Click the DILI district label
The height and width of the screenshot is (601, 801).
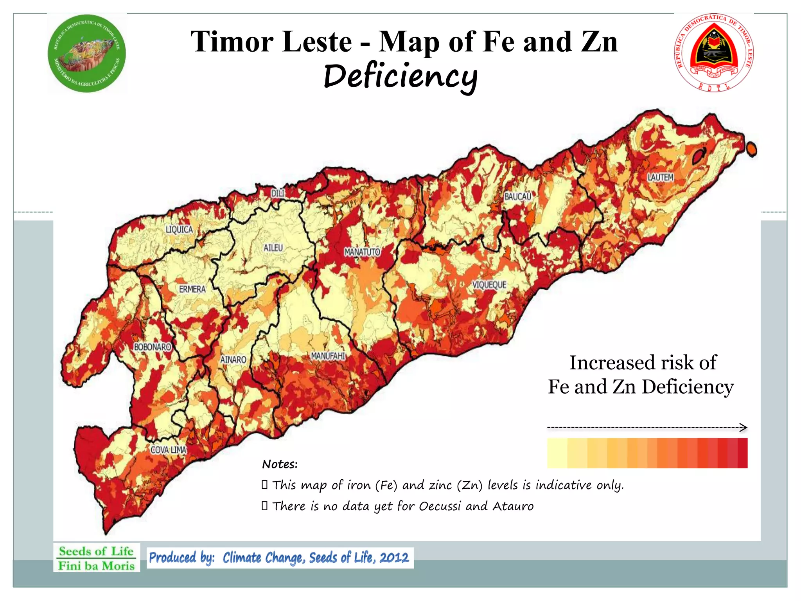point(278,193)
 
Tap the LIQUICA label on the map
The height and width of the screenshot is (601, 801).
point(179,230)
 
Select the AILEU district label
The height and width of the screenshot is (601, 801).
point(273,248)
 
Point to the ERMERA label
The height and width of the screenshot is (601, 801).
point(192,289)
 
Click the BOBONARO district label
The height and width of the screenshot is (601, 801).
point(153,347)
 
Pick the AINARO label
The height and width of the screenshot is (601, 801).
point(233,359)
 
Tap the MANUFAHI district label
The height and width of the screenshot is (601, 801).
point(328,356)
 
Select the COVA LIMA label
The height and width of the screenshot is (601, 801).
point(168,450)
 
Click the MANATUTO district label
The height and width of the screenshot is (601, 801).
point(362,252)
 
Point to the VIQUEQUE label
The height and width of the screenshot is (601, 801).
point(489,285)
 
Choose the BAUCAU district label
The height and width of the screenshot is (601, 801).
point(517,196)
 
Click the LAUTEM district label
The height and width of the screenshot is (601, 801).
point(660,178)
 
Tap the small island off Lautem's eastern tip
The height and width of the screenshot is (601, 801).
point(751,149)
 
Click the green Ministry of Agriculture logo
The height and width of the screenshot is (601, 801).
point(87,54)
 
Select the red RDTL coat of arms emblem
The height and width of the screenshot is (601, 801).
point(714,52)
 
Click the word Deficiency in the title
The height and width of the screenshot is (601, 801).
point(400,76)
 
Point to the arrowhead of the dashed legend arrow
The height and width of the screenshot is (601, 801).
point(744,427)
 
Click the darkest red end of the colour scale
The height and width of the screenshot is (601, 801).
point(742,453)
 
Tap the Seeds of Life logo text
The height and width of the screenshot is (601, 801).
point(96,558)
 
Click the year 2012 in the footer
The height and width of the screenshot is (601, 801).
point(394,557)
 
